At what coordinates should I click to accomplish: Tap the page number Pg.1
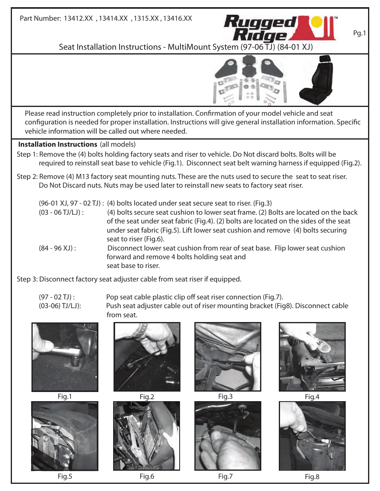pyautogui.click(x=359, y=33)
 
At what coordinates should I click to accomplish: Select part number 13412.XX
pyautogui.click(x=78, y=18)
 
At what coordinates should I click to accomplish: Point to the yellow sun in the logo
pyautogui.click(x=317, y=22)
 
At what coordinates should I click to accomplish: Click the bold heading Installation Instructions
pyautogui.click(x=58, y=144)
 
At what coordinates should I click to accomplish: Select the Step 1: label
pyautogui.click(x=27, y=154)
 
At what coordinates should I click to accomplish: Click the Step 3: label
pyautogui.click(x=27, y=279)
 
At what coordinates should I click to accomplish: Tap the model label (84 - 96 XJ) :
pyautogui.click(x=57, y=248)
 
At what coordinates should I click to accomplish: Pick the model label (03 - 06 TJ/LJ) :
pyautogui.click(x=61, y=212)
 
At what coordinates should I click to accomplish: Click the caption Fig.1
pyautogui.click(x=65, y=396)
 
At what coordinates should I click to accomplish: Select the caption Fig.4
pyautogui.click(x=312, y=397)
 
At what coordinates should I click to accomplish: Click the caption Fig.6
pyautogui.click(x=147, y=476)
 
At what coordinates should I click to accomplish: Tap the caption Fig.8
pyautogui.click(x=312, y=477)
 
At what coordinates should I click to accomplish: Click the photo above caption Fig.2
pyautogui.click(x=147, y=357)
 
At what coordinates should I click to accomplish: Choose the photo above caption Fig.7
pyautogui.click(x=228, y=436)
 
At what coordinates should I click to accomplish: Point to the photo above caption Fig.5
pyautogui.click(x=65, y=436)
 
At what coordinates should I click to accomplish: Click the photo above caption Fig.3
pyautogui.click(x=228, y=357)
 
